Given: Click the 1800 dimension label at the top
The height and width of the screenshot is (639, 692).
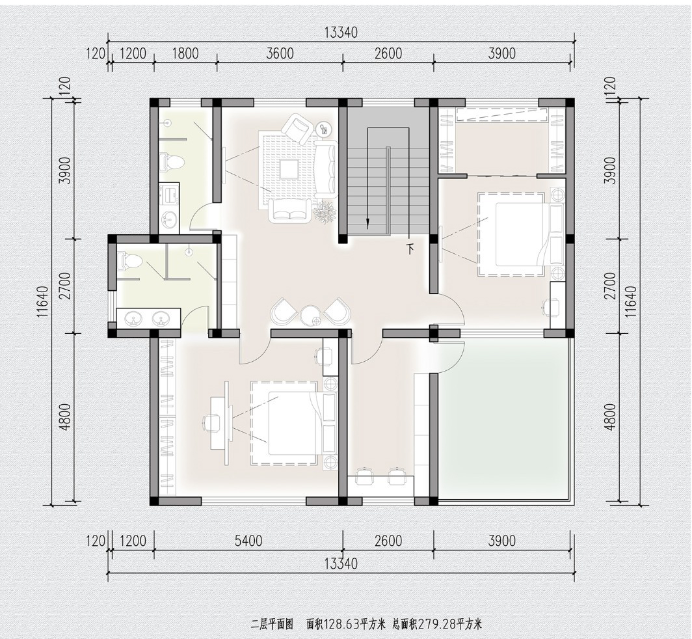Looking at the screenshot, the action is click(x=185, y=53).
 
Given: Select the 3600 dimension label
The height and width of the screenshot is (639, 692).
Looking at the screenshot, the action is click(x=280, y=53).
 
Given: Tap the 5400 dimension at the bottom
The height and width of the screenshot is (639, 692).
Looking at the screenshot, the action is click(x=249, y=541).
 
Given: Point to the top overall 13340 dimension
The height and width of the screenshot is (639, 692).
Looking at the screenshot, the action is click(x=341, y=33).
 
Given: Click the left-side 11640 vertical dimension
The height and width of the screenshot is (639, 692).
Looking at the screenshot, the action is click(x=43, y=302).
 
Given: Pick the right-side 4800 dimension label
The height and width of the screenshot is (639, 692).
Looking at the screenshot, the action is click(x=610, y=417).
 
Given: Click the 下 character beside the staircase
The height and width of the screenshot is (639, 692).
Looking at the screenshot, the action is click(x=410, y=249).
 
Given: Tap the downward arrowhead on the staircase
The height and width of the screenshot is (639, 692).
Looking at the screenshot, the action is click(x=367, y=224).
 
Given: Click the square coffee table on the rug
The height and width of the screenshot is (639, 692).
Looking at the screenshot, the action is click(x=290, y=169).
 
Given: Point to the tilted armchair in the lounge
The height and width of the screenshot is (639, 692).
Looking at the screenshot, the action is click(x=297, y=128).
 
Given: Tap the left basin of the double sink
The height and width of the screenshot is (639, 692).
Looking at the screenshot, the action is click(x=132, y=318).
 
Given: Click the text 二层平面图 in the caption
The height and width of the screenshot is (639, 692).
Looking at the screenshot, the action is click(x=272, y=624).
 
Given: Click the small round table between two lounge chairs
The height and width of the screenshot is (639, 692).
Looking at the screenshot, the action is click(x=312, y=316).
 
